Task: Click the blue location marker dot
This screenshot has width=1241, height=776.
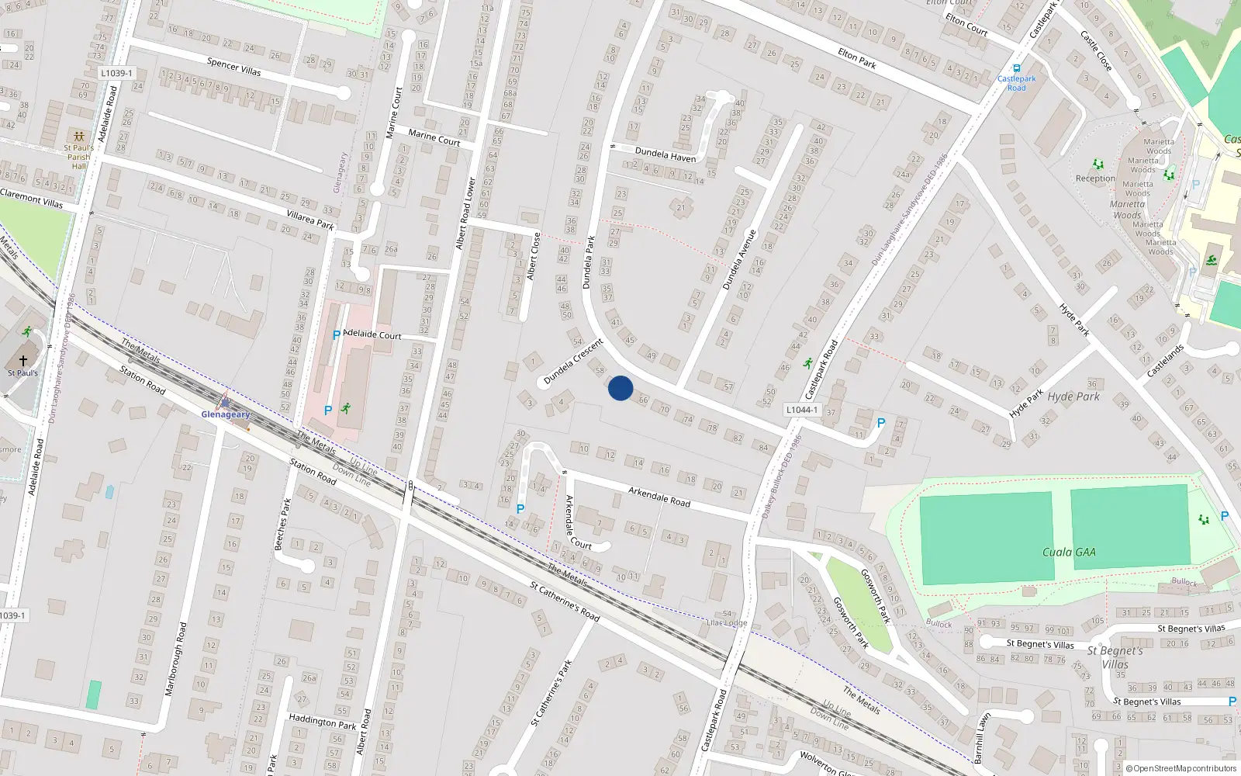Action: coord(620,388)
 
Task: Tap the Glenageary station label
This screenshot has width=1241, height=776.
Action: coord(226,414)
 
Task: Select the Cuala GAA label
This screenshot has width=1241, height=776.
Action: coord(1069,553)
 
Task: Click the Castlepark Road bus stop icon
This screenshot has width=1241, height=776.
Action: coord(1016,68)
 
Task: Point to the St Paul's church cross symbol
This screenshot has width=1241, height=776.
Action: coord(23,361)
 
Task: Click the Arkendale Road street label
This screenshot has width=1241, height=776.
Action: coord(659,497)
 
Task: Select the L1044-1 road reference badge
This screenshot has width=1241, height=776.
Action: coord(801,410)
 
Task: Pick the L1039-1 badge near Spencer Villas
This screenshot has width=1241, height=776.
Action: coord(116,73)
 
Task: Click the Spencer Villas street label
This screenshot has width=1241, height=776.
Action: coord(233,67)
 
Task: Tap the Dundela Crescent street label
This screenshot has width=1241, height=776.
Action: coord(573,362)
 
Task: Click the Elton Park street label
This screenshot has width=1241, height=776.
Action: coord(857,59)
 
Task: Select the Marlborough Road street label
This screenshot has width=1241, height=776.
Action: coord(176,659)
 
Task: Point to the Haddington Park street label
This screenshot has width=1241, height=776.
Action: coord(322,722)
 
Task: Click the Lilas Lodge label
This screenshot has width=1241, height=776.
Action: coord(727,622)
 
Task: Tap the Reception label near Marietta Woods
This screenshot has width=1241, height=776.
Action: coord(1095,178)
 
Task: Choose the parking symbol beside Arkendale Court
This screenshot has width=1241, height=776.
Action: coord(520,509)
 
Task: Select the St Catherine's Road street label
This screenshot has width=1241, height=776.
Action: coord(565,601)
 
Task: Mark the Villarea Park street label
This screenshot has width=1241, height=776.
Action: coord(310,220)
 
